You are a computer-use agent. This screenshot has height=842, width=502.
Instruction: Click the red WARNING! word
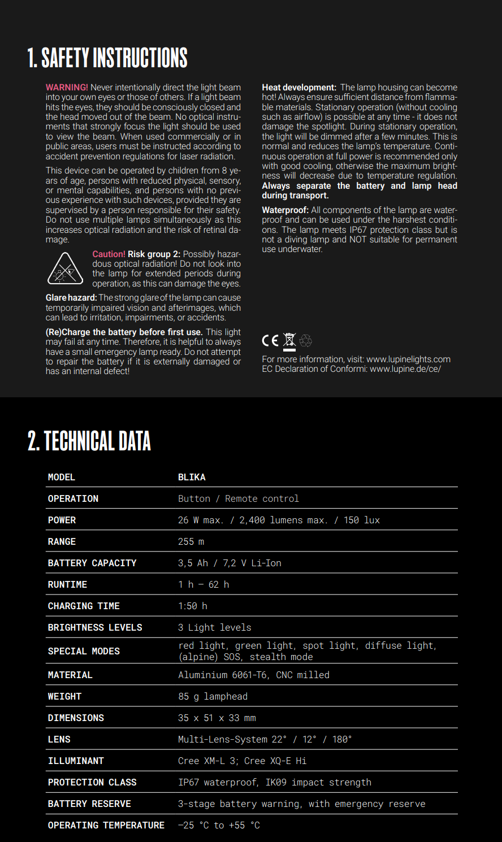pos(67,88)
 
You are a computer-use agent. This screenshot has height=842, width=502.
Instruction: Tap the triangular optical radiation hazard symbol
pos(66,268)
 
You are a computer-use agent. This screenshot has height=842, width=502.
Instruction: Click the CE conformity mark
pos(270,340)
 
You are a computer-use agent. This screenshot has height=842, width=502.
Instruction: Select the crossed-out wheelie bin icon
pos(289,340)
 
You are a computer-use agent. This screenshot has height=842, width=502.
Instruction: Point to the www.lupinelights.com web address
pos(408,359)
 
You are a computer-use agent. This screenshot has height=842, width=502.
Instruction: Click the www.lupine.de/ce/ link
pos(405,369)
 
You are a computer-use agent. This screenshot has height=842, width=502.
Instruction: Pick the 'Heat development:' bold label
pos(299,88)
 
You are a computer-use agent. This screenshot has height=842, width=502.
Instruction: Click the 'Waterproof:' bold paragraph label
pos(285,210)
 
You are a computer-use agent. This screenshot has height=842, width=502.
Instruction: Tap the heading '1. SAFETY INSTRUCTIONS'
pos(107,58)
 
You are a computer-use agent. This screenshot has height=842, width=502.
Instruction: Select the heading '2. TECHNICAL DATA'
pos(89,441)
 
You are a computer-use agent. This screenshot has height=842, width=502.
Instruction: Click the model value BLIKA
pos(192,477)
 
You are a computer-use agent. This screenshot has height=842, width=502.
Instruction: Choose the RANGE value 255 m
pos(191,541)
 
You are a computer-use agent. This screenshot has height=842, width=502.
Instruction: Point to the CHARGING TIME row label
pos(84,606)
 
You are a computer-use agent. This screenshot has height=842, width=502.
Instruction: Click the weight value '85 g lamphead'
pos(213,696)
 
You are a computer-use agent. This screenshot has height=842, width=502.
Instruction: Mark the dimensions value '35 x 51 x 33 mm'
pos(217,718)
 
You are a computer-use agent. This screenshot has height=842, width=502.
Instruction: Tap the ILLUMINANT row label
pos(76,761)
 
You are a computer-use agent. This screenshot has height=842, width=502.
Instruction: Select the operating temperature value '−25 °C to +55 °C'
pos(219,825)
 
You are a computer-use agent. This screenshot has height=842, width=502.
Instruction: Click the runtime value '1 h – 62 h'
pos(204,584)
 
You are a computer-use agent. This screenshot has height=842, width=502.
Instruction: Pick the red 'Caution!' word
pos(109,254)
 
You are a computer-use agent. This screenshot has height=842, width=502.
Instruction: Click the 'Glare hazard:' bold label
pos(71,298)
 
